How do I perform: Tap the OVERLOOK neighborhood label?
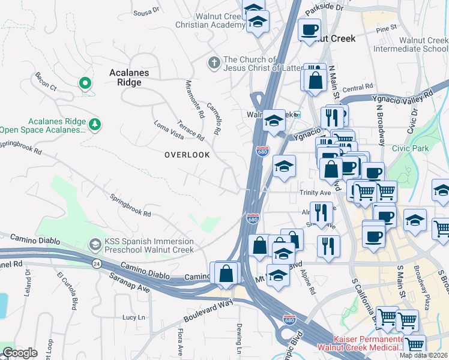[187, 155]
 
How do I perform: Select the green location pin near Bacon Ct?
[85, 83]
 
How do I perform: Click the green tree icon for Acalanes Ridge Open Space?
[94, 125]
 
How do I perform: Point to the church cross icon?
[214, 62]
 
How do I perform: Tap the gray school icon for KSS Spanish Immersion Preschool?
[94, 245]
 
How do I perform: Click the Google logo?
[20, 353]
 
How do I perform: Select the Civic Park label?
[411, 148]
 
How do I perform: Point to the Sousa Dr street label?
[146, 10]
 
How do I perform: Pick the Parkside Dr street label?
[324, 8]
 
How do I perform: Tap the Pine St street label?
[386, 28]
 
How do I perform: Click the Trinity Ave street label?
[316, 193]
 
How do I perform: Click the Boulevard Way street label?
[209, 310]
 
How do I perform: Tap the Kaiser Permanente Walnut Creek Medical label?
[360, 343]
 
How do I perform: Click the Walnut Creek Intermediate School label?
[411, 44]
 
